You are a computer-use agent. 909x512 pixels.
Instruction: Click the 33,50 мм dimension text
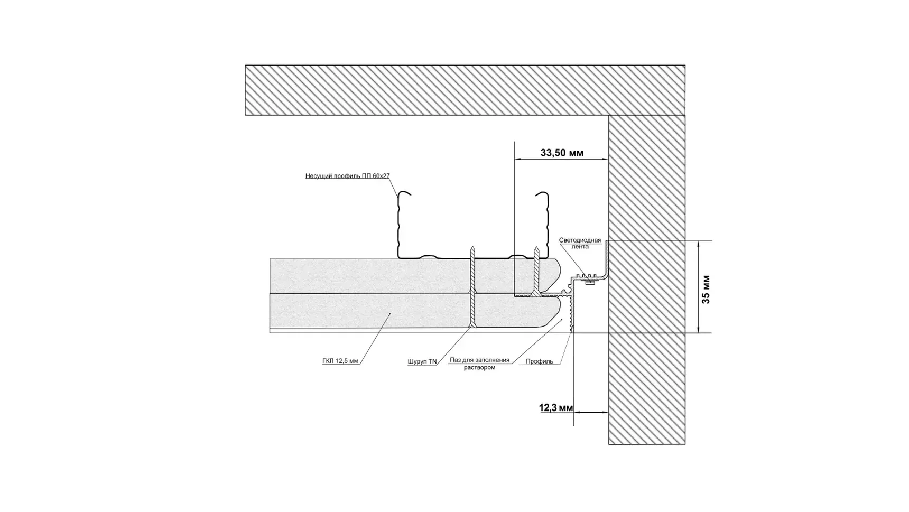coord(561,153)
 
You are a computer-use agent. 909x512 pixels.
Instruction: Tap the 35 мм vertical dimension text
coord(706,290)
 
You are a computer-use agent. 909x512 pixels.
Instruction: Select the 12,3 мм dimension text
coord(555,408)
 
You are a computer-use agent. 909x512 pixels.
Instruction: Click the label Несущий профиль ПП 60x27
coord(347,176)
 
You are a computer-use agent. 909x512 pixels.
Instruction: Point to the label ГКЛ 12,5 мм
coord(340,361)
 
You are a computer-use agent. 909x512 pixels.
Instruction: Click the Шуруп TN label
coord(422,362)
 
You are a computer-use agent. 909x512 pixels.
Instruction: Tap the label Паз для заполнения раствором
coord(479,364)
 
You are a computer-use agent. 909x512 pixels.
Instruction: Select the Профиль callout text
coord(539,362)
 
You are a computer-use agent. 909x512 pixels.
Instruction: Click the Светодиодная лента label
coord(580,243)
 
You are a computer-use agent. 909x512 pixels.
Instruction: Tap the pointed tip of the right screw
coord(536,247)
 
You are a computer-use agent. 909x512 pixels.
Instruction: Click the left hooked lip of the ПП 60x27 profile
coord(403,194)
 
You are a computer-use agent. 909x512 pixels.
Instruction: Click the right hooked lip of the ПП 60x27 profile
coord(542,195)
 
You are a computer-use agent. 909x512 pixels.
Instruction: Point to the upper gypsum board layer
coord(370,275)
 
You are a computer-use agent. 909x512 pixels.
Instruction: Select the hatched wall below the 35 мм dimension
coord(646,388)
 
